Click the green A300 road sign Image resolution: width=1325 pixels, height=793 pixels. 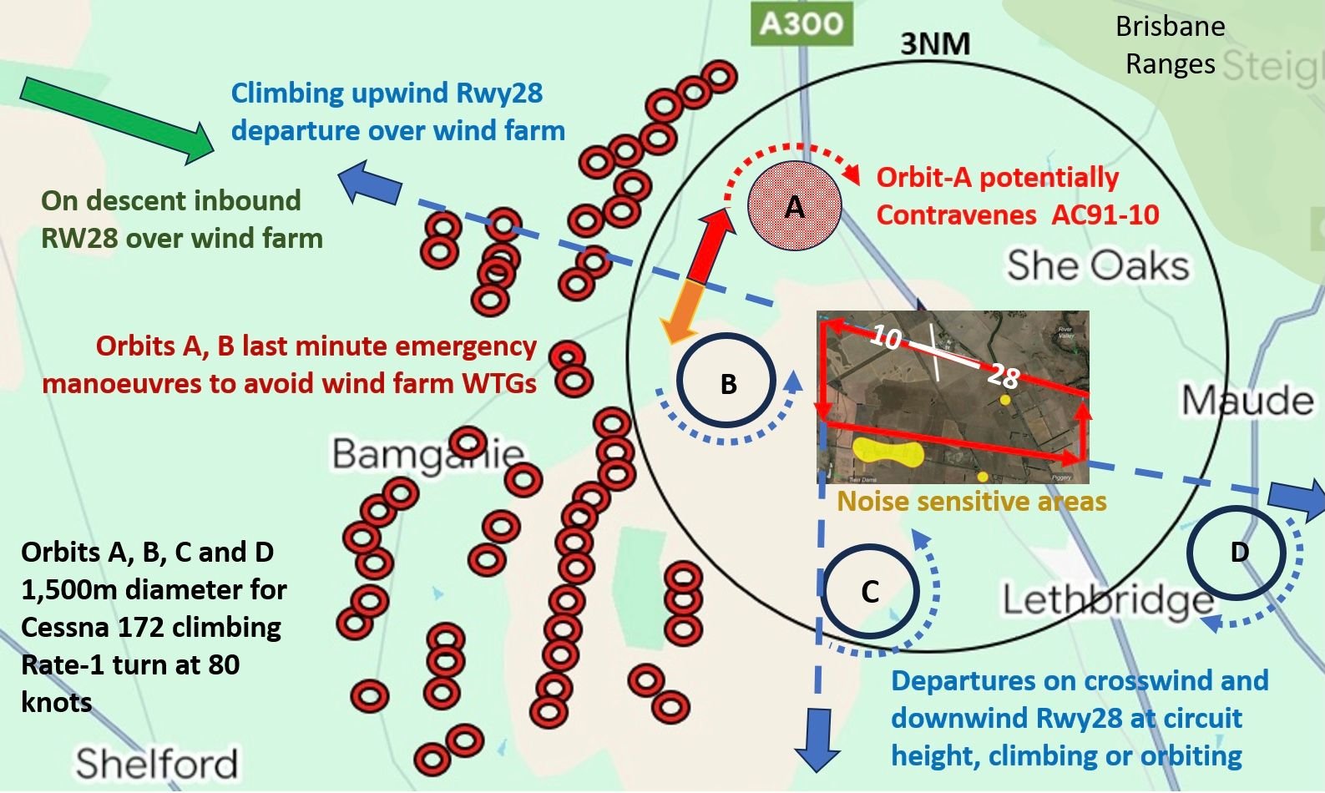[802, 23]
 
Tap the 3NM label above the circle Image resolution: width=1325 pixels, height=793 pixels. [935, 43]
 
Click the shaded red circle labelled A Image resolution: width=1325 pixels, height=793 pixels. [794, 206]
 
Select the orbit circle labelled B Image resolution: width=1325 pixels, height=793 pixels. [727, 383]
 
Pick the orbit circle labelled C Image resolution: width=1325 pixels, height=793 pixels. [870, 591]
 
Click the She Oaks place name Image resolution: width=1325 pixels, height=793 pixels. [1097, 265]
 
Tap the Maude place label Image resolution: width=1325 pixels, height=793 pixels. [1247, 402]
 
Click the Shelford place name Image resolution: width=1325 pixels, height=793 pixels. [157, 763]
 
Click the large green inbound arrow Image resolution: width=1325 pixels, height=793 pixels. [117, 119]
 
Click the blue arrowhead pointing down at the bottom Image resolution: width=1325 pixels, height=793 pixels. [817, 740]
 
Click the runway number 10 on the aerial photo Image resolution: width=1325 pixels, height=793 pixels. [886, 337]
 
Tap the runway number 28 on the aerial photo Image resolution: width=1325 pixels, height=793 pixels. [1003, 376]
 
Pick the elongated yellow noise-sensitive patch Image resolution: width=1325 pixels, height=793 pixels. [887, 453]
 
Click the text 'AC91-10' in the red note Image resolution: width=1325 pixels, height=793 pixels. [1105, 215]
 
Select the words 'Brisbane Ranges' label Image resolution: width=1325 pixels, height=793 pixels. [1170, 45]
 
